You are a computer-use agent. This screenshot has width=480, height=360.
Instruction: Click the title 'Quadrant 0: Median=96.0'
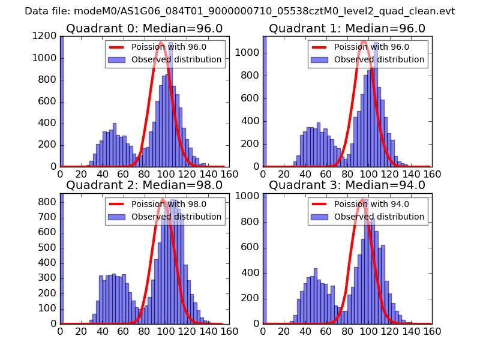144,28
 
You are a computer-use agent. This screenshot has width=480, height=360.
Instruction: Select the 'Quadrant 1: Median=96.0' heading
347,28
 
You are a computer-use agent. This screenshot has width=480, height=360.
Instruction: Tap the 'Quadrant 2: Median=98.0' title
144,185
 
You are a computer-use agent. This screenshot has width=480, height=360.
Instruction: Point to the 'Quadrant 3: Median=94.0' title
347,185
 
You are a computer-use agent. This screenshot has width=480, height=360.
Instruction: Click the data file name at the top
240,11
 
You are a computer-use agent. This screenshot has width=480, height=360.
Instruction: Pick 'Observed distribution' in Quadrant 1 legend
379,59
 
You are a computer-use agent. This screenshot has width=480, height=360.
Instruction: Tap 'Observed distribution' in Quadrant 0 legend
176,59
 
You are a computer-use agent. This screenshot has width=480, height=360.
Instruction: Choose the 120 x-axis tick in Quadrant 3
389,331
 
